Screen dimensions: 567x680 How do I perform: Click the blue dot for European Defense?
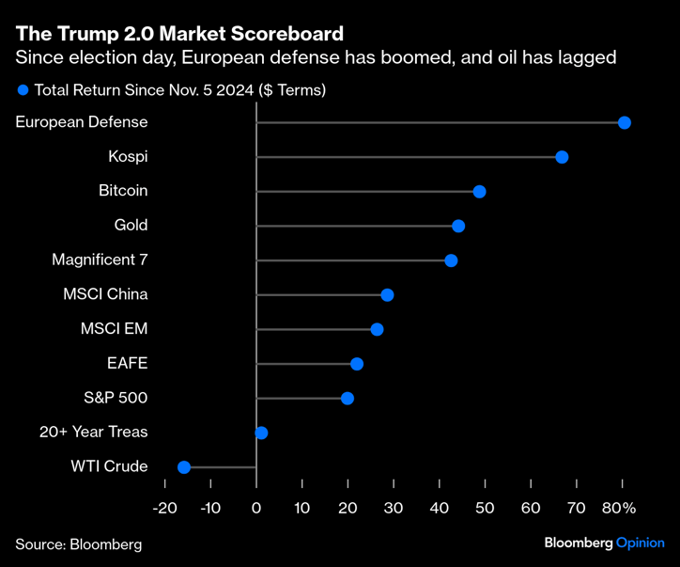point(624,122)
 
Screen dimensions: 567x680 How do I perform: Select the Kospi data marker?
point(562,157)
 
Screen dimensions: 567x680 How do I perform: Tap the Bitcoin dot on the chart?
point(479,191)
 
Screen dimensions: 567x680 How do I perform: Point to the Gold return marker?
point(458,226)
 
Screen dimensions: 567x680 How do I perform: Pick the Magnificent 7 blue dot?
point(451,260)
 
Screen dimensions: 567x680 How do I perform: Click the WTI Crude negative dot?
point(184,467)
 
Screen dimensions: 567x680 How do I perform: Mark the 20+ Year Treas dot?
point(261,433)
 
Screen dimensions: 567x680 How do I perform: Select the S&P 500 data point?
point(348,399)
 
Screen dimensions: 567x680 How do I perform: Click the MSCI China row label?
point(105,294)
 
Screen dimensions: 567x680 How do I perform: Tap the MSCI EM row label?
point(115,329)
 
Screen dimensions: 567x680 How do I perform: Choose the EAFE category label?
point(128,363)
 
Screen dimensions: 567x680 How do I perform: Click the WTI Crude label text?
point(109,466)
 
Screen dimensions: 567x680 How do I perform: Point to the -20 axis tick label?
point(164,508)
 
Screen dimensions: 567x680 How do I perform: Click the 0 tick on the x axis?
point(256,508)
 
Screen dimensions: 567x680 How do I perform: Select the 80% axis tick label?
point(620,508)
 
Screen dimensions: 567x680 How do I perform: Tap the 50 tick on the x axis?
point(485,508)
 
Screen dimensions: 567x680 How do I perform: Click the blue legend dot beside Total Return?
point(23,91)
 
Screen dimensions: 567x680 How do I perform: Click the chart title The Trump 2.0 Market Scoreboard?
point(179,34)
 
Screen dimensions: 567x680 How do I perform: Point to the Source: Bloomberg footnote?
point(78,544)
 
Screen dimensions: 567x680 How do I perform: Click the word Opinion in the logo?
point(641,543)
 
